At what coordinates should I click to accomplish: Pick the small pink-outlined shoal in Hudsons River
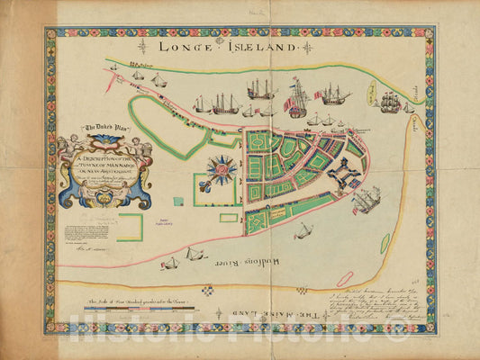click(386, 243)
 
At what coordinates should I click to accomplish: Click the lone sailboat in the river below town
click(305, 231)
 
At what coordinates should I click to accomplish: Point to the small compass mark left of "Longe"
click(142, 44)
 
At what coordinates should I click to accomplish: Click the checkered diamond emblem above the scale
click(208, 290)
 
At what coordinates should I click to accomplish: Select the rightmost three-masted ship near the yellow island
click(390, 102)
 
